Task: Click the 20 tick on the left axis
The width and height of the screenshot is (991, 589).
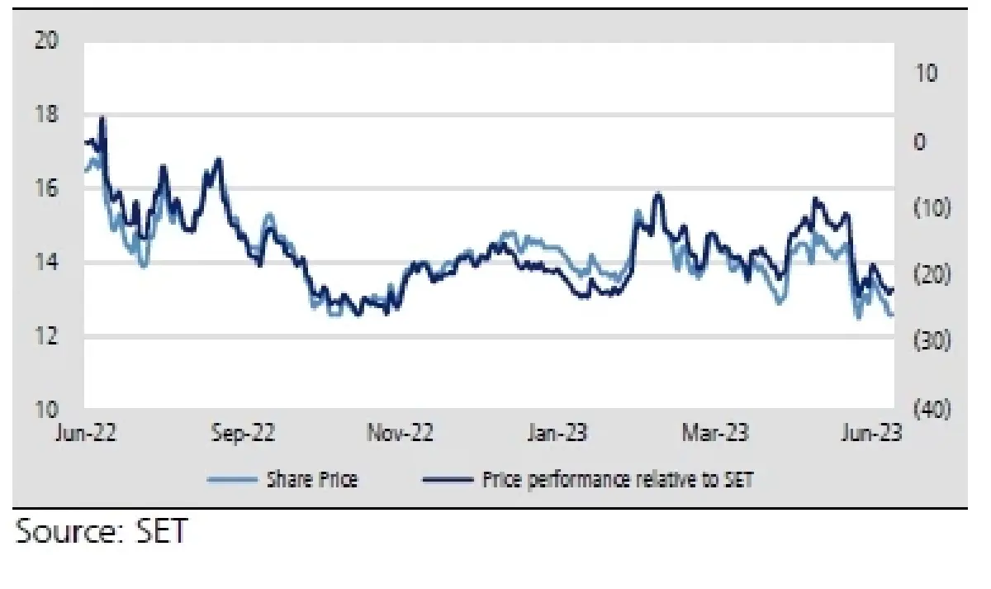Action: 48,40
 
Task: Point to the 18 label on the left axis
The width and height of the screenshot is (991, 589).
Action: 48,114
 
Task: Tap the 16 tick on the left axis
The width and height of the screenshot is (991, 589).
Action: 48,188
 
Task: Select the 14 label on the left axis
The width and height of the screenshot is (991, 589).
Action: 48,263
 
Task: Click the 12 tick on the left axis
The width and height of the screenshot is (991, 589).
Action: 48,336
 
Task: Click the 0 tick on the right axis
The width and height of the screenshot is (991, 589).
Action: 921,141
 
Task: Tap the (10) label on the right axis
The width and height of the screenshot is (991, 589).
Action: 932,208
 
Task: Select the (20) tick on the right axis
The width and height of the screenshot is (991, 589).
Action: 932,275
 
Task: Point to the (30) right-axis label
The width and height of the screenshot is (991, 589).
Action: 932,342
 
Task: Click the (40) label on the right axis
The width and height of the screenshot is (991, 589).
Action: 932,410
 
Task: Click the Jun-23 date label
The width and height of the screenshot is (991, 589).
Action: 872,433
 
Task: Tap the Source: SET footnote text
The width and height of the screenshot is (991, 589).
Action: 101,531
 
